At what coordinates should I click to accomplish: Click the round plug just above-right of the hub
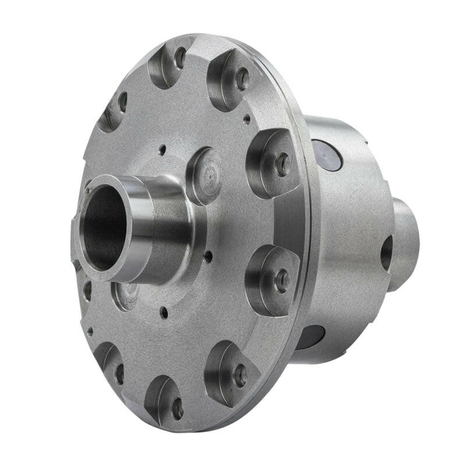point(204,175)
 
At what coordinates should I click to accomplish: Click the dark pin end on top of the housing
point(327,155)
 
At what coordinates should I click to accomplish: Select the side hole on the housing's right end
point(387,253)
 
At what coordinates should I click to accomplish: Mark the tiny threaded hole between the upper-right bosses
point(247,119)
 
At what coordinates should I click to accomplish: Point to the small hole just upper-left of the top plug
point(163,149)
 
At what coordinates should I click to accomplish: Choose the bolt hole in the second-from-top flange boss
point(242,79)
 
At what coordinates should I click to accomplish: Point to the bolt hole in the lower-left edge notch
point(119,373)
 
